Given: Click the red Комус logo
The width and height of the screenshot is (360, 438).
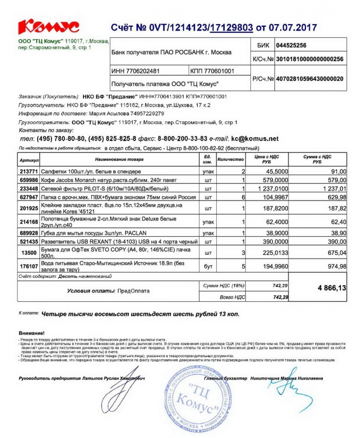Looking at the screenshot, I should [48, 26].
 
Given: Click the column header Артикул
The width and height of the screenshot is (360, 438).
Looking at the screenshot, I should [28, 160].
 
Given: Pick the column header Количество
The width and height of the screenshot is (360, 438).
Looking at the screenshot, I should [230, 160].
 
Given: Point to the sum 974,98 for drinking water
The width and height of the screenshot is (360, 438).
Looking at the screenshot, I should [335, 266].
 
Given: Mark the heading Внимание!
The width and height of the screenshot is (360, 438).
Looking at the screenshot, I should [32, 332].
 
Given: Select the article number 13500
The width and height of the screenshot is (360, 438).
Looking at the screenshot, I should [28, 253].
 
